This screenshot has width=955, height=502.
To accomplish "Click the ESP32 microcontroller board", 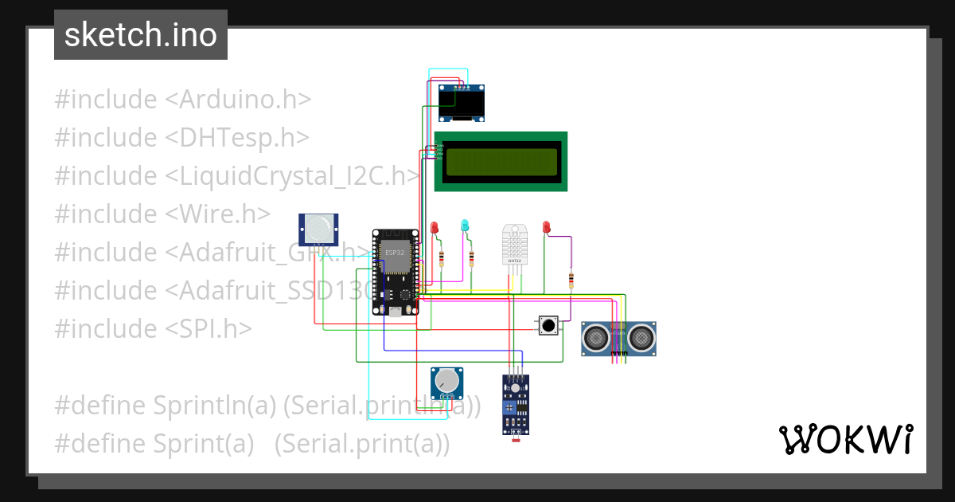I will tap(396, 271).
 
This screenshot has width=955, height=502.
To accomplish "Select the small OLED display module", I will tap(462, 103).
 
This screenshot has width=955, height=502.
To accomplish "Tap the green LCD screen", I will tap(501, 162).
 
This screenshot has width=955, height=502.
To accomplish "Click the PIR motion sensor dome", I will tap(320, 229).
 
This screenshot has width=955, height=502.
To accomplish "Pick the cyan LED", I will tap(465, 226).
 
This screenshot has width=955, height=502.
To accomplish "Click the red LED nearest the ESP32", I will tap(435, 229).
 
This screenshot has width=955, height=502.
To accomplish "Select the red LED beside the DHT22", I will tap(546, 228).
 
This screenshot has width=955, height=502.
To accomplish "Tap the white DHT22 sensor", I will tap(514, 244).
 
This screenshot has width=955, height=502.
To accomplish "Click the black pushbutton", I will tap(548, 325).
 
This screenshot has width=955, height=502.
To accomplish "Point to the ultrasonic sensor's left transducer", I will tap(596, 339).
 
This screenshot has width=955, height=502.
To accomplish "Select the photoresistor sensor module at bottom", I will tap(516, 404).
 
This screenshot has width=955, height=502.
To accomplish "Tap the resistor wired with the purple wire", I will tap(571, 280).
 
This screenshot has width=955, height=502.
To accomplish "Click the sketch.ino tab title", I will tap(141, 35).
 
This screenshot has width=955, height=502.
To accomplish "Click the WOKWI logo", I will tap(845, 439).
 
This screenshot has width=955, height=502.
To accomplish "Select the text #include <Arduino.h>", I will tap(182, 100).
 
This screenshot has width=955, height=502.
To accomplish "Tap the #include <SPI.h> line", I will tap(153, 328).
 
